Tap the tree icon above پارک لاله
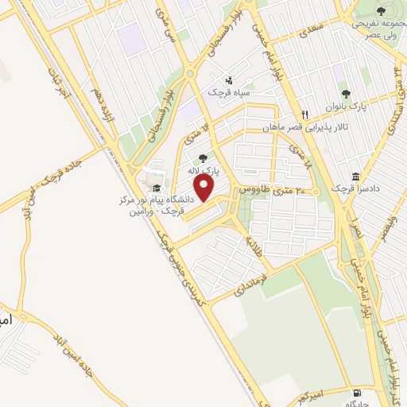203,157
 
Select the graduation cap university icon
157,188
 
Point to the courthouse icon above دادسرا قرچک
355,176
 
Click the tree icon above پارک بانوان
345,92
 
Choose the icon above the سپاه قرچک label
229,80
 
